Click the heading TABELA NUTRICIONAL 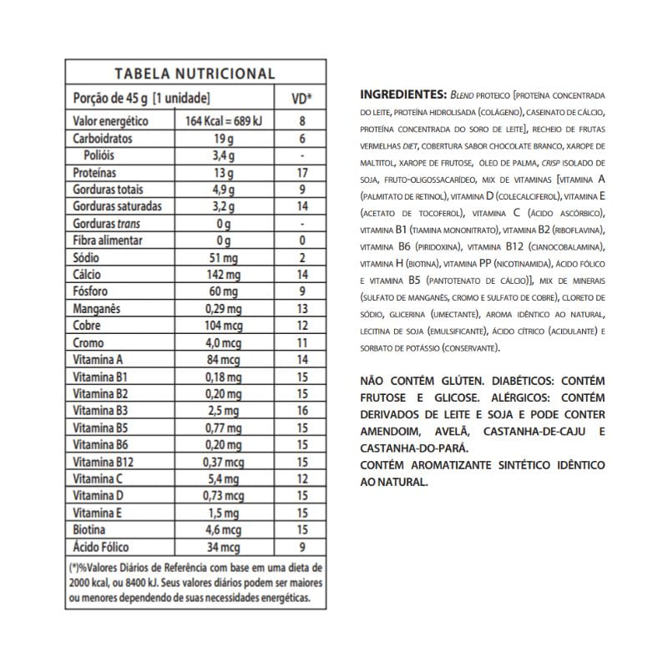pos(195,73)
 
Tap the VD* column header pos(301,98)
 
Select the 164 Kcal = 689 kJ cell pos(223,122)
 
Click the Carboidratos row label pos(103,139)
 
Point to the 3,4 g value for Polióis pos(223,155)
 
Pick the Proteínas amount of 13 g pos(223,173)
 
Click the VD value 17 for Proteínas pos(301,173)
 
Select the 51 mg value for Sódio pos(223,257)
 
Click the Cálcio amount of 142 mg pos(223,274)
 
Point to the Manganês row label pos(97,308)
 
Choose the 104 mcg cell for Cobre pos(223,325)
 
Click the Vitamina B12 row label pos(104,462)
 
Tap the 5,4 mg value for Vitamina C pos(223,478)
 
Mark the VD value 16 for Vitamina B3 pos(301,410)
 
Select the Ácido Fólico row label pos(103,547)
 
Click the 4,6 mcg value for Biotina pos(223,529)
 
